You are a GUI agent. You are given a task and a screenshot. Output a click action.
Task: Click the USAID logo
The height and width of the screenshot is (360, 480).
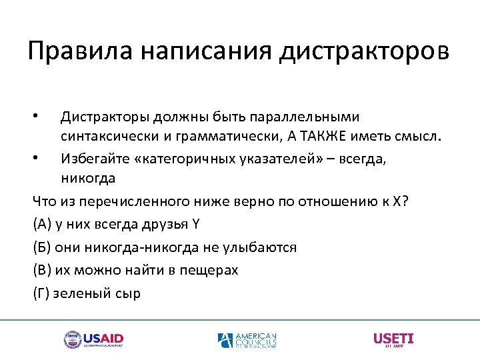point(94,339)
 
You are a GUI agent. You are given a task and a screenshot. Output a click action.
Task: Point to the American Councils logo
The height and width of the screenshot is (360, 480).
point(247,340)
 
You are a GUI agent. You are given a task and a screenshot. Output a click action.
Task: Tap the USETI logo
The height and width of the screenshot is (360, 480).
point(393,339)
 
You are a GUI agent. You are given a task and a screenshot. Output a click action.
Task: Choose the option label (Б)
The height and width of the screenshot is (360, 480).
point(41,247)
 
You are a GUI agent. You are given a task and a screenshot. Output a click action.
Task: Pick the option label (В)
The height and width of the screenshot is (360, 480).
point(41,270)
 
